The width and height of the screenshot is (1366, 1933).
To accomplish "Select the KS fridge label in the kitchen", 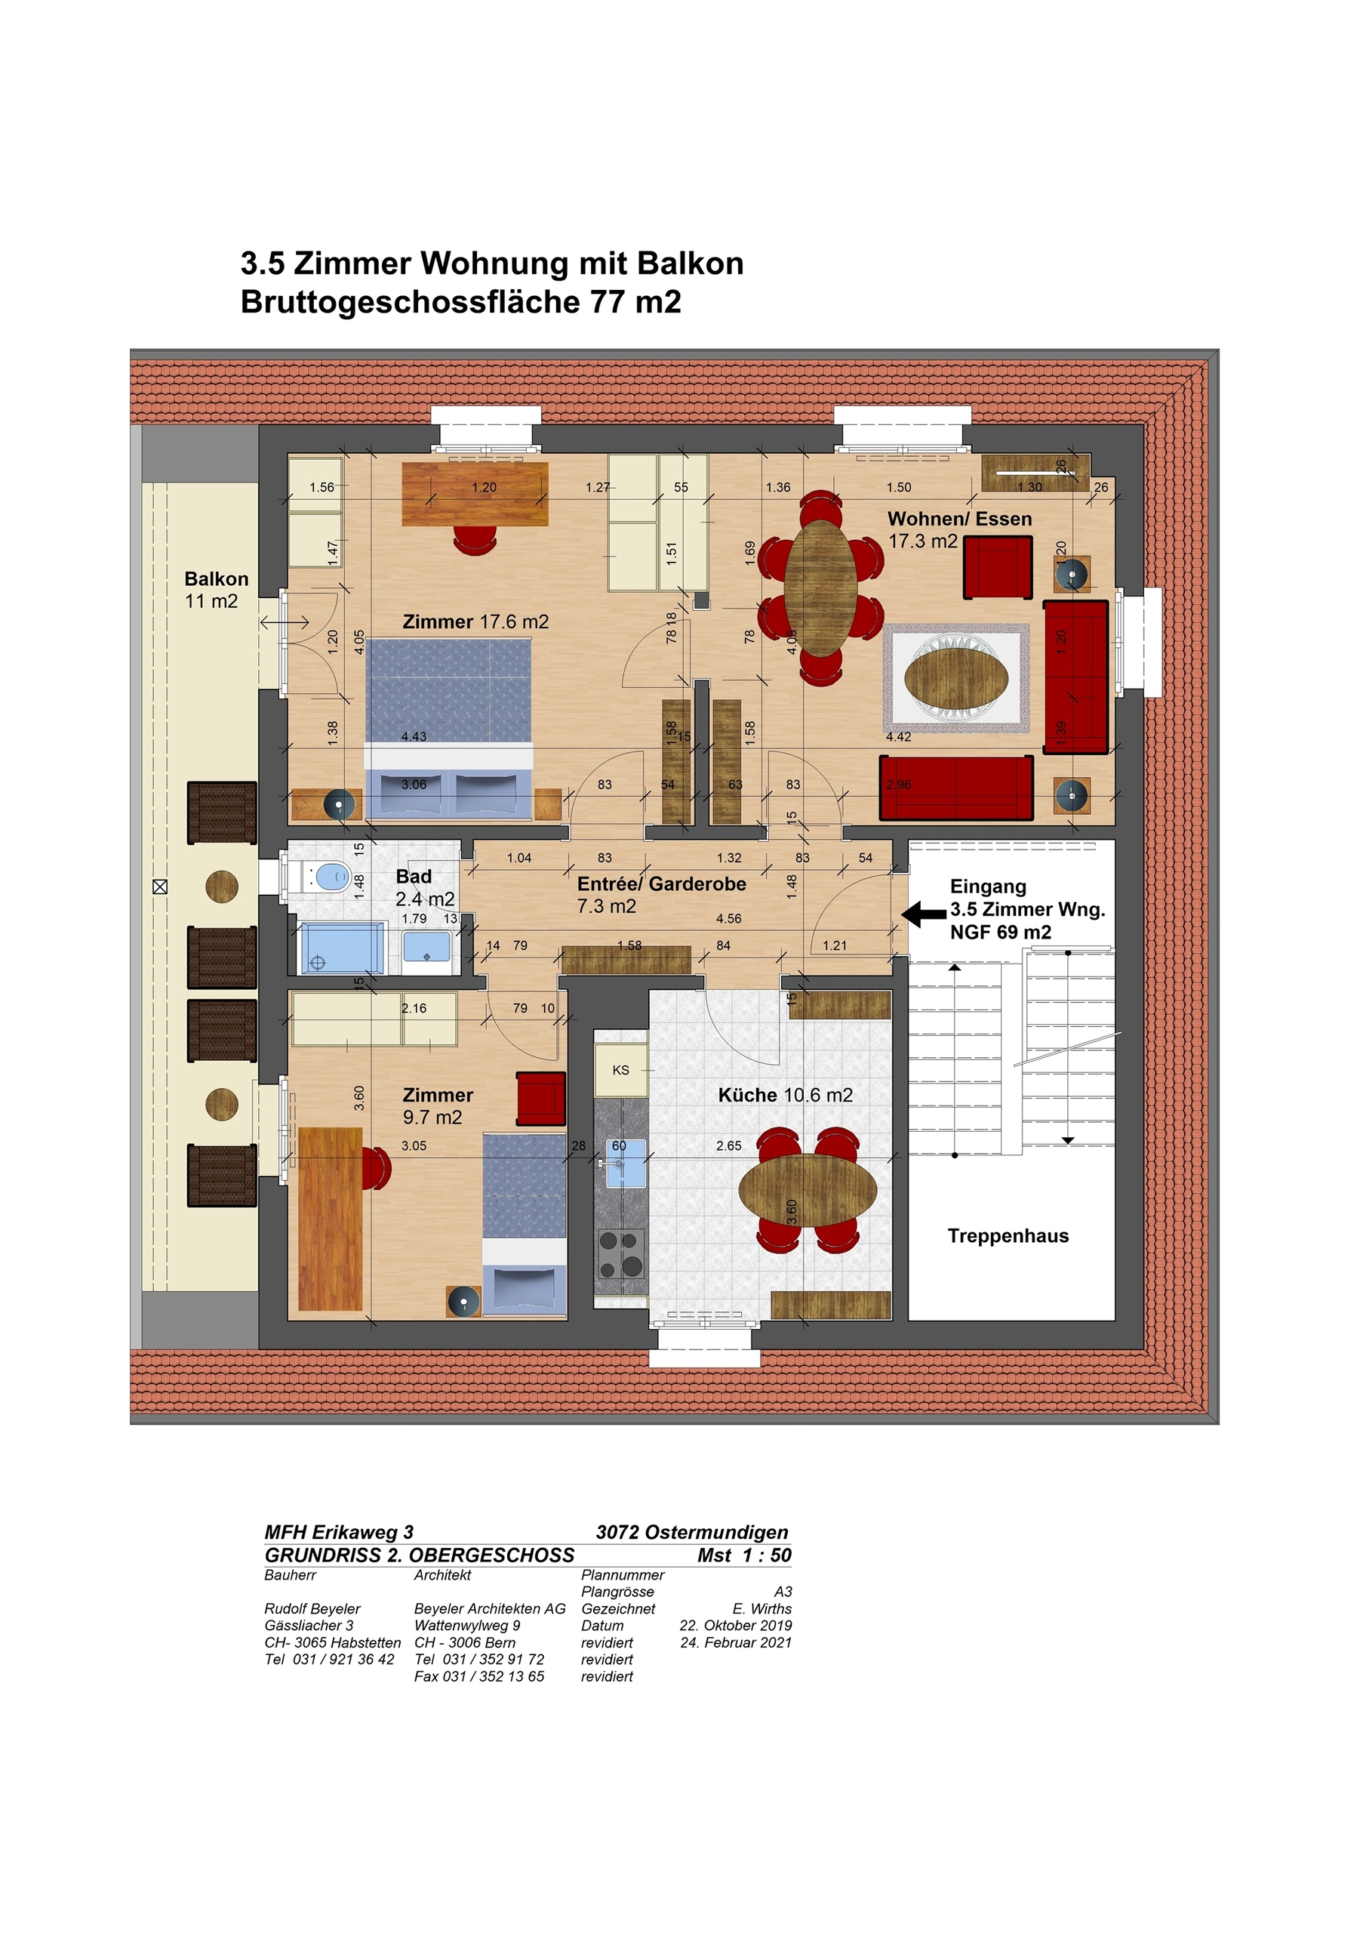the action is (x=620, y=1070).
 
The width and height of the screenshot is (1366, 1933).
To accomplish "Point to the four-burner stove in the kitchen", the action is (x=620, y=1253).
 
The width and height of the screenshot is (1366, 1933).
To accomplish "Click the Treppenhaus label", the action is (x=1008, y=1236).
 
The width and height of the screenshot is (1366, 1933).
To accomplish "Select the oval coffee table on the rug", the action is (x=956, y=678).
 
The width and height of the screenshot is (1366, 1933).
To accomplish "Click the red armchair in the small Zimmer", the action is (x=540, y=1098).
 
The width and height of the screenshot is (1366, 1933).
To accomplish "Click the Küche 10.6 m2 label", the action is (x=785, y=1096).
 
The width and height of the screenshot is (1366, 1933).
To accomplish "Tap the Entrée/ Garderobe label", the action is (x=662, y=884).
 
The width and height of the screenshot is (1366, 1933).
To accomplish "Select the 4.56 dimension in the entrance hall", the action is (x=729, y=918).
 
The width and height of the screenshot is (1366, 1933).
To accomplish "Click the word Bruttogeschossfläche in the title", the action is (x=409, y=301).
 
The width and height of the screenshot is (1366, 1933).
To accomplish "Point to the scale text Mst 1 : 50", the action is (x=744, y=1555).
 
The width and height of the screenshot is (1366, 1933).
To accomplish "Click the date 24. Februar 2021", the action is (x=736, y=1642).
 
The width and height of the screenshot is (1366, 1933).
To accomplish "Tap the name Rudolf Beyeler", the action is (x=312, y=1609).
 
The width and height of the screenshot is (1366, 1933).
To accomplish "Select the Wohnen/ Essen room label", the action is (x=959, y=519).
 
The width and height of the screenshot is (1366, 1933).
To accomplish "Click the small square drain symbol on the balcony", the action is (x=160, y=886).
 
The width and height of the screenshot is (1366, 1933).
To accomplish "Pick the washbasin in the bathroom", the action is (x=426, y=947).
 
